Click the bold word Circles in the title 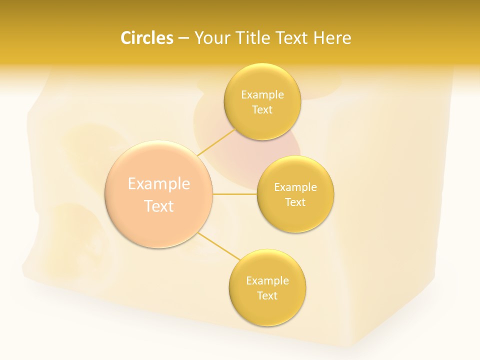coord(146,38)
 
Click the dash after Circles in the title coord(183,38)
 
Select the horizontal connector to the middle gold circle coord(234,194)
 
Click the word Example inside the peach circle coord(159,184)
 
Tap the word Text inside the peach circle coord(159,206)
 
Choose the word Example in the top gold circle coord(262,94)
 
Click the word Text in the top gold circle coord(262,110)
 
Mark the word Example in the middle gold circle coord(295,187)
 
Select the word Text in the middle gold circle coord(295,202)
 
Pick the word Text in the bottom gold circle coord(267,295)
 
